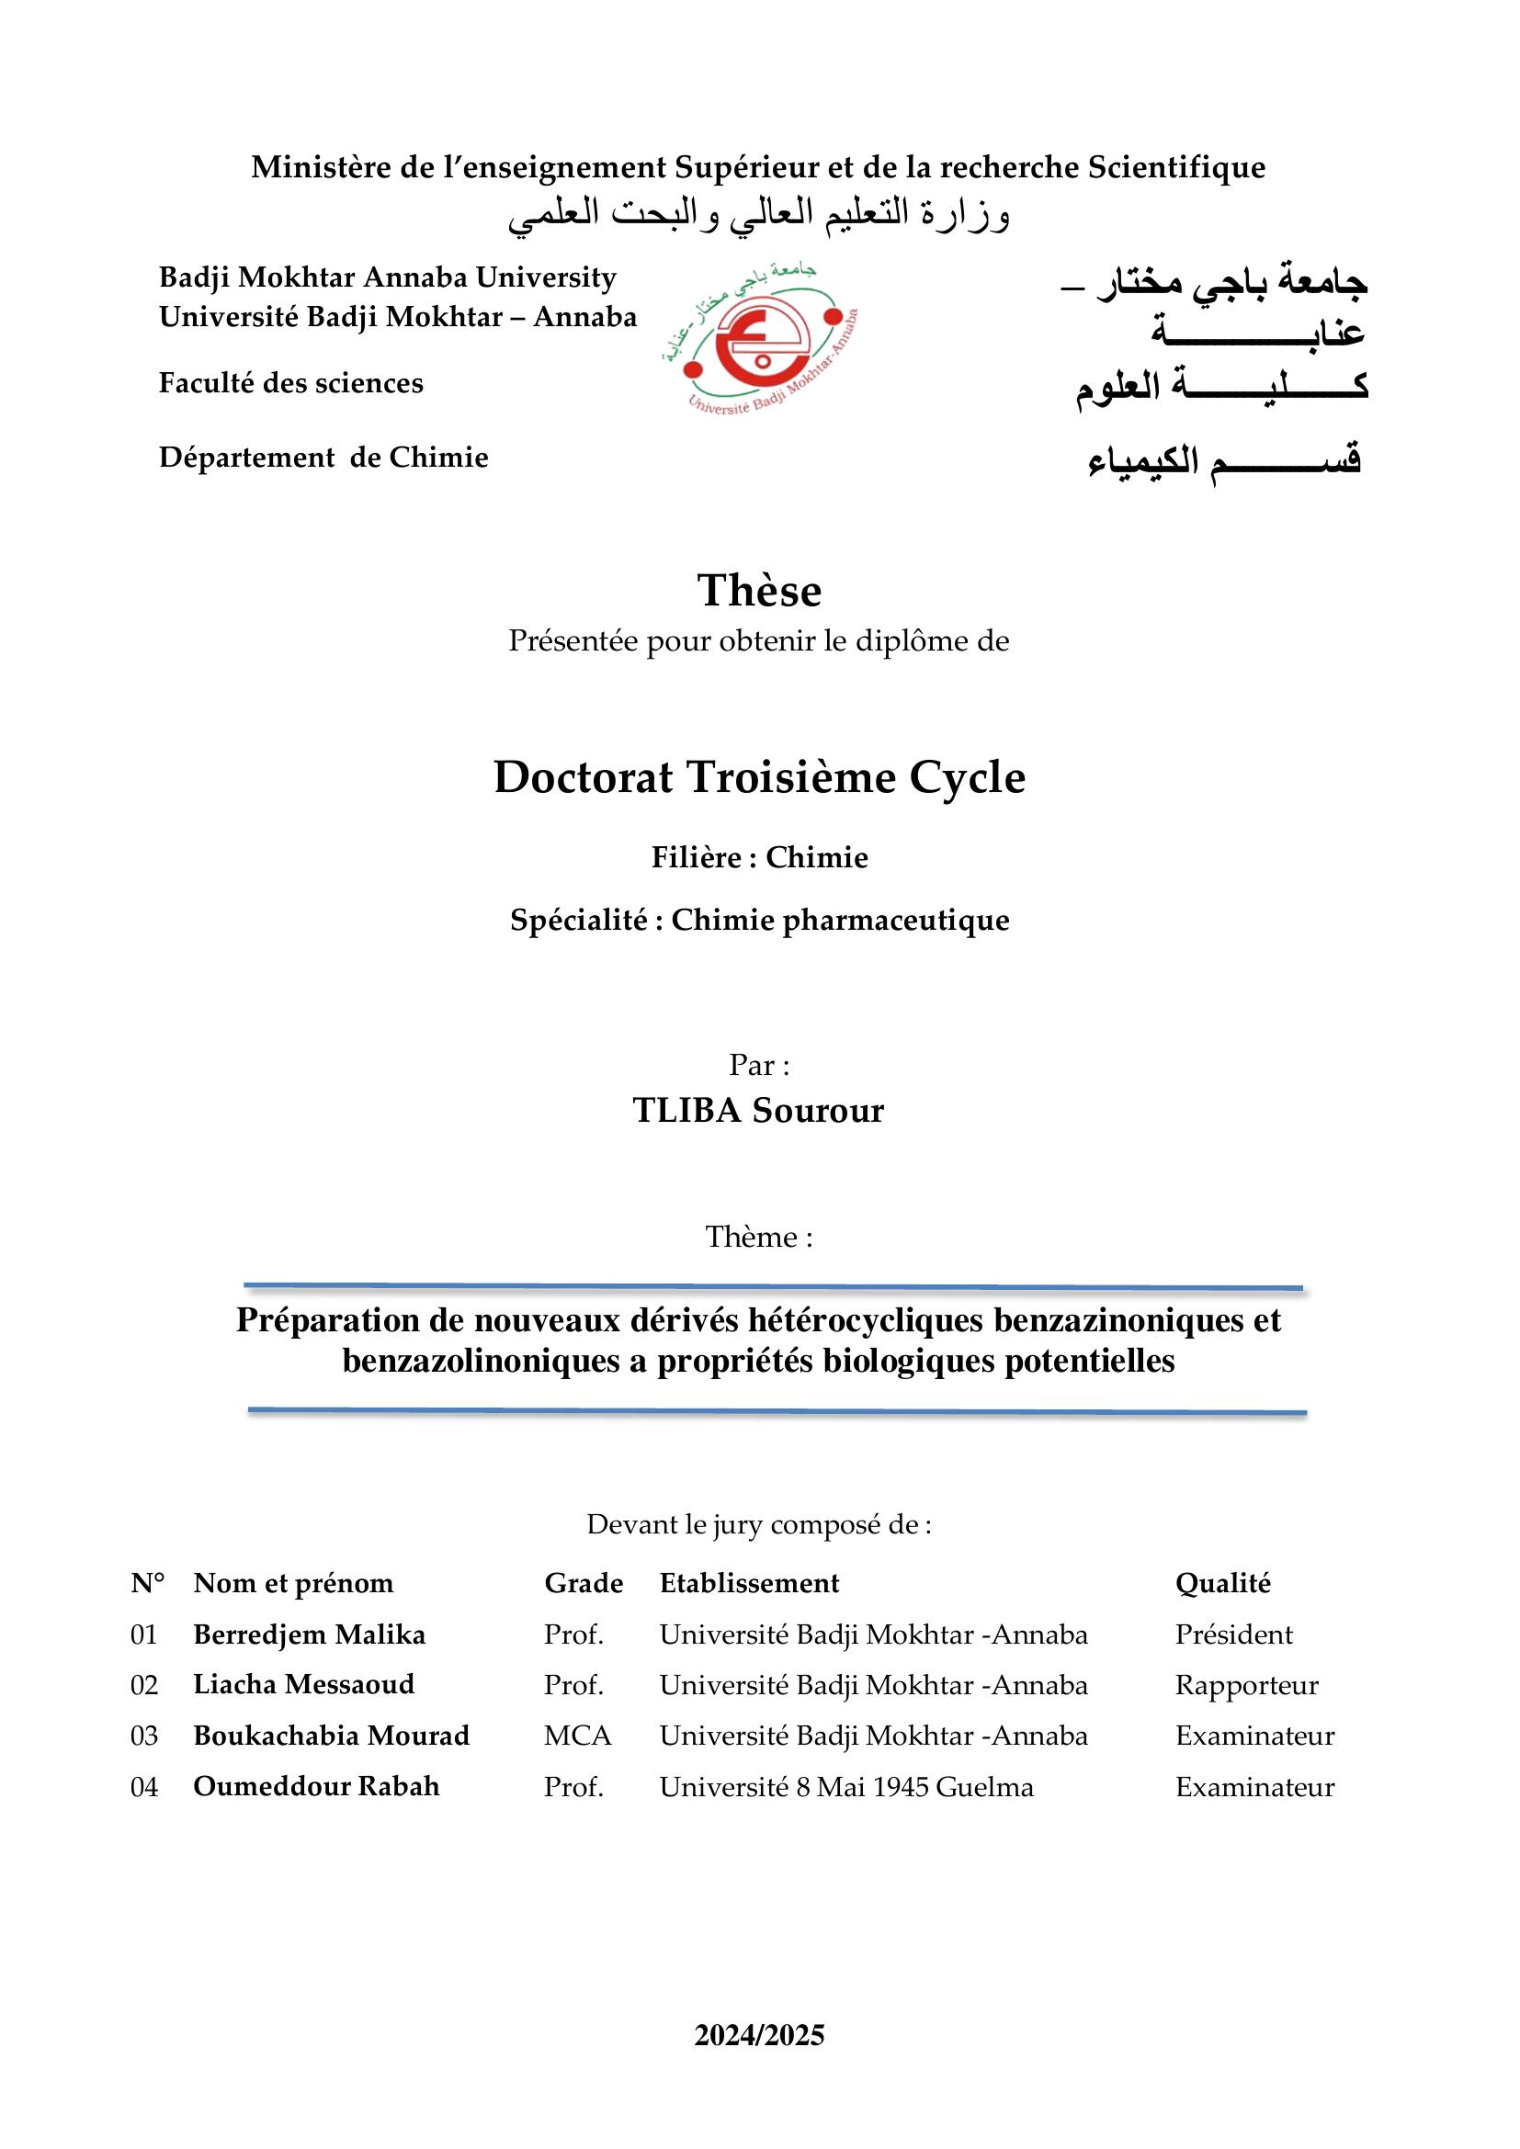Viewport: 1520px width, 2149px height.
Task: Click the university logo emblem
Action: tap(760, 338)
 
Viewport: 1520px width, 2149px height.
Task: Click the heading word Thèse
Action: tap(759, 591)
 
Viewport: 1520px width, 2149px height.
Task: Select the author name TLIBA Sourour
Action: tap(758, 1110)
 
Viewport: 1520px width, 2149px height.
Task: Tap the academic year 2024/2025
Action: tap(759, 2035)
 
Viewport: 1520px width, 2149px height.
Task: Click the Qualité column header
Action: tap(1222, 1583)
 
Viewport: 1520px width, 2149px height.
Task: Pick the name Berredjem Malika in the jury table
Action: tap(309, 1634)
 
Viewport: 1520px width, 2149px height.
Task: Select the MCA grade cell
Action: tap(577, 1736)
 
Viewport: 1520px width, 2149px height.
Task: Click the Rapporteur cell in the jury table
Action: tap(1246, 1685)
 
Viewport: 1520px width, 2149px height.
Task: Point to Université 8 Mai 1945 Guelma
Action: tap(846, 1787)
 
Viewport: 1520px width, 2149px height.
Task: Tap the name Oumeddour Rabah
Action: tap(316, 1786)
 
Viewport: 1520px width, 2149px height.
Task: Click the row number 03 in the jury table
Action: tap(144, 1736)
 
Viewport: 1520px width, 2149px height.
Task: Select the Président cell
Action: tap(1233, 1634)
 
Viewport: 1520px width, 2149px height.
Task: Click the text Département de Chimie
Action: tap(323, 458)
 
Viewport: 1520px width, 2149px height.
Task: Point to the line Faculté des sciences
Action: tap(290, 383)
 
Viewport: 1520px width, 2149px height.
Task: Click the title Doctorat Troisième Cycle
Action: tap(759, 777)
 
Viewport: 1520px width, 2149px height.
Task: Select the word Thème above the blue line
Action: tap(752, 1237)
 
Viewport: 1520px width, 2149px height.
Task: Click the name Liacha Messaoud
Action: tap(303, 1684)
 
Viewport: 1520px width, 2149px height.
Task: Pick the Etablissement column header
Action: tap(749, 1583)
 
